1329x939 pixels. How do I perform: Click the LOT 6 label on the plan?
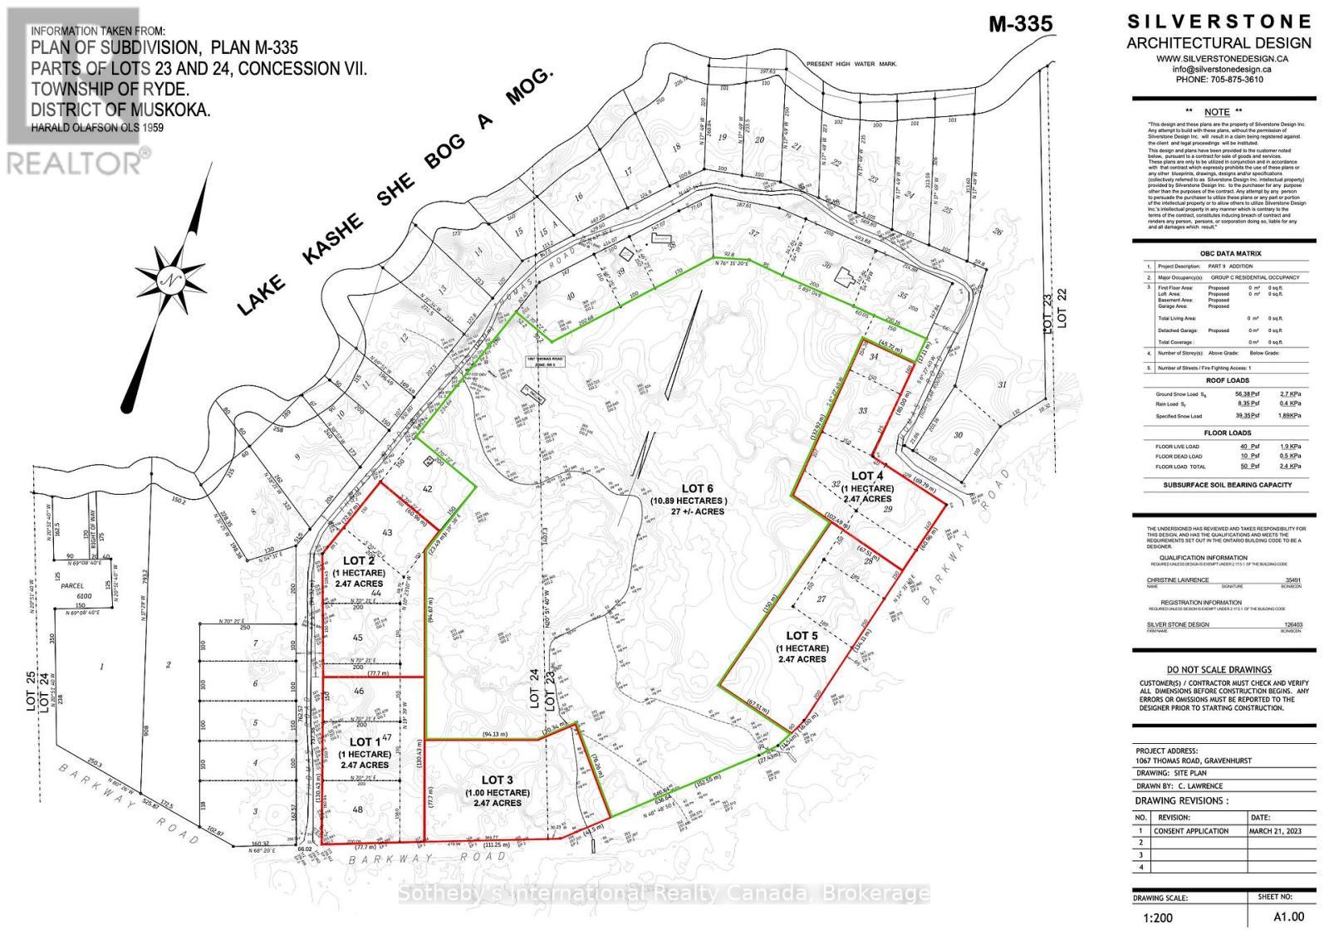tap(687, 488)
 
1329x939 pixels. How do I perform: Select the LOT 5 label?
tap(802, 636)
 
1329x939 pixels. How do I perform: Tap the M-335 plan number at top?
tap(1020, 23)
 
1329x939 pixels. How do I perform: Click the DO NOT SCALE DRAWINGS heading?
tap(1219, 669)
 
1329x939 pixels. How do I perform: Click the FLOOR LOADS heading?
tap(1227, 433)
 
